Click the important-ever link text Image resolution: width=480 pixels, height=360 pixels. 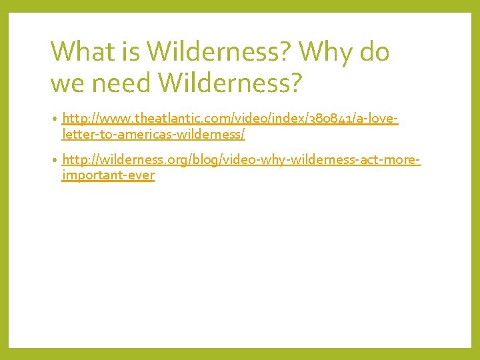pyautogui.click(x=108, y=176)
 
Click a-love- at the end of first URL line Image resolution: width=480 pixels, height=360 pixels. pyautogui.click(x=379, y=119)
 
